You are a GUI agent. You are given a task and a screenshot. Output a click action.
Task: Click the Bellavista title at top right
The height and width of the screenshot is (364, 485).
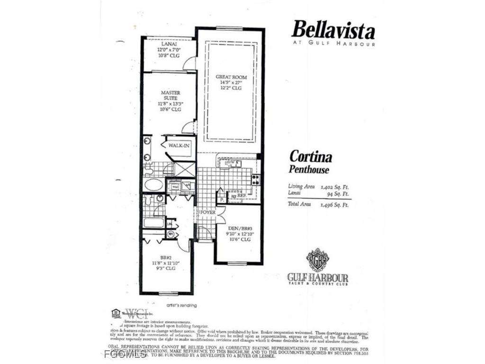(333, 30)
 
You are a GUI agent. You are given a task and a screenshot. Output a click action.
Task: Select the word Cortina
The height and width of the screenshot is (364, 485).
(311, 157)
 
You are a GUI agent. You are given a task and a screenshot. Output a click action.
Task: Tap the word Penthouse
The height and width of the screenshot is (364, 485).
(309, 169)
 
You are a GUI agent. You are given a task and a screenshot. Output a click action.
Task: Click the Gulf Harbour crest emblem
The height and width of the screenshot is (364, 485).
(317, 259)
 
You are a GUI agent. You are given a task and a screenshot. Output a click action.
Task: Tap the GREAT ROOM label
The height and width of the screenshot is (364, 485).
(231, 77)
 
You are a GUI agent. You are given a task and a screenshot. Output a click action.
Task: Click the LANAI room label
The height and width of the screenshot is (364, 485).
(170, 44)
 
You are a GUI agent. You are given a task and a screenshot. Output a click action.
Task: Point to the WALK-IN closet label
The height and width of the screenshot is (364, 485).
(179, 146)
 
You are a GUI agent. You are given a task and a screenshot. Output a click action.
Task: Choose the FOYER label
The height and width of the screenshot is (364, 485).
(207, 212)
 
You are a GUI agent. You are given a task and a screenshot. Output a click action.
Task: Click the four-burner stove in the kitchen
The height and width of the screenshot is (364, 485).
(255, 179)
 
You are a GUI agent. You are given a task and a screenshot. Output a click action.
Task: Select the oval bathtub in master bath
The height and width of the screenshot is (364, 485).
(154, 184)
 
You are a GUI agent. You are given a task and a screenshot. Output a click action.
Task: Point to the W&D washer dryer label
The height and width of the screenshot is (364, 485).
(175, 187)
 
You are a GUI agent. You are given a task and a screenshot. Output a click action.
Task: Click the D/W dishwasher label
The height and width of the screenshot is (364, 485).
(231, 163)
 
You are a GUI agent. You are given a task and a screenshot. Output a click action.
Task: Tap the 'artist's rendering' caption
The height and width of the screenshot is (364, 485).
(181, 305)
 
